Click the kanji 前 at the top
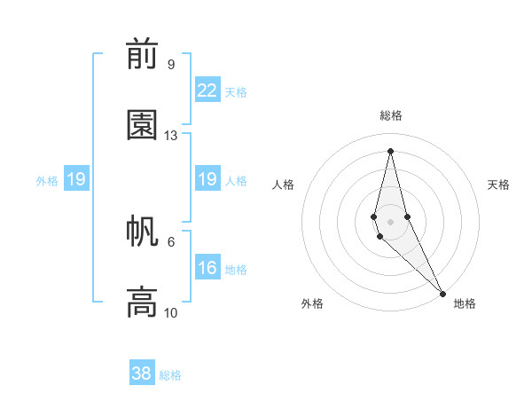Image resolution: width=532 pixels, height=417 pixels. tap(142, 55)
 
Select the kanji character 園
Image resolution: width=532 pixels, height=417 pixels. tap(142, 125)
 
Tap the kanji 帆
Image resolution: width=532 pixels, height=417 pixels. tap(142, 232)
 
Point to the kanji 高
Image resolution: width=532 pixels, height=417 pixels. tap(142, 302)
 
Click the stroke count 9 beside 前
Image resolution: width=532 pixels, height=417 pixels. tap(170, 65)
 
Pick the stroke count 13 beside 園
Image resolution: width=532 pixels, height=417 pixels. tap(171, 136)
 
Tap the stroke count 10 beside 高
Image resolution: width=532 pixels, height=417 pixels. tap(171, 312)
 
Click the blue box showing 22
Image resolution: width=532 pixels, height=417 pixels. tap(207, 90)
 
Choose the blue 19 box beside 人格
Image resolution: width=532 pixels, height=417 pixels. tap(207, 179)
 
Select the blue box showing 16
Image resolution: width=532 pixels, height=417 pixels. tap(207, 268)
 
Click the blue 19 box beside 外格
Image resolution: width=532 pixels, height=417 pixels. tap(75, 179)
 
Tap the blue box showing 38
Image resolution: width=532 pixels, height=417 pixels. tap(142, 374)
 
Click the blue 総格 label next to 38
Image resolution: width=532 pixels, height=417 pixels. tap(170, 375)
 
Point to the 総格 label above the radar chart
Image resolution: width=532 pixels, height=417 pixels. tap(391, 115)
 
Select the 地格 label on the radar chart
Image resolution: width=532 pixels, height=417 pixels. tap(465, 303)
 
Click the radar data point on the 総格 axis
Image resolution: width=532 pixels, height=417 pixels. tap(390, 150)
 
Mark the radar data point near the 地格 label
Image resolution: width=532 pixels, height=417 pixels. tap(442, 292)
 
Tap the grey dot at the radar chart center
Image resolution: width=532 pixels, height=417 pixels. tap(390, 221)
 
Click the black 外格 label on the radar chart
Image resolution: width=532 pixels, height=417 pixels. tap(312, 303)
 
